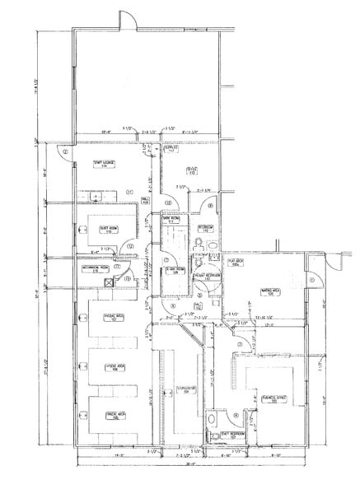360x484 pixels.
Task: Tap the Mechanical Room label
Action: (x=96, y=269)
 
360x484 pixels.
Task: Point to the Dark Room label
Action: (x=172, y=221)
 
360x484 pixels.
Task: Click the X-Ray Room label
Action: (x=173, y=269)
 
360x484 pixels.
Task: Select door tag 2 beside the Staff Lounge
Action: (x=65, y=152)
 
